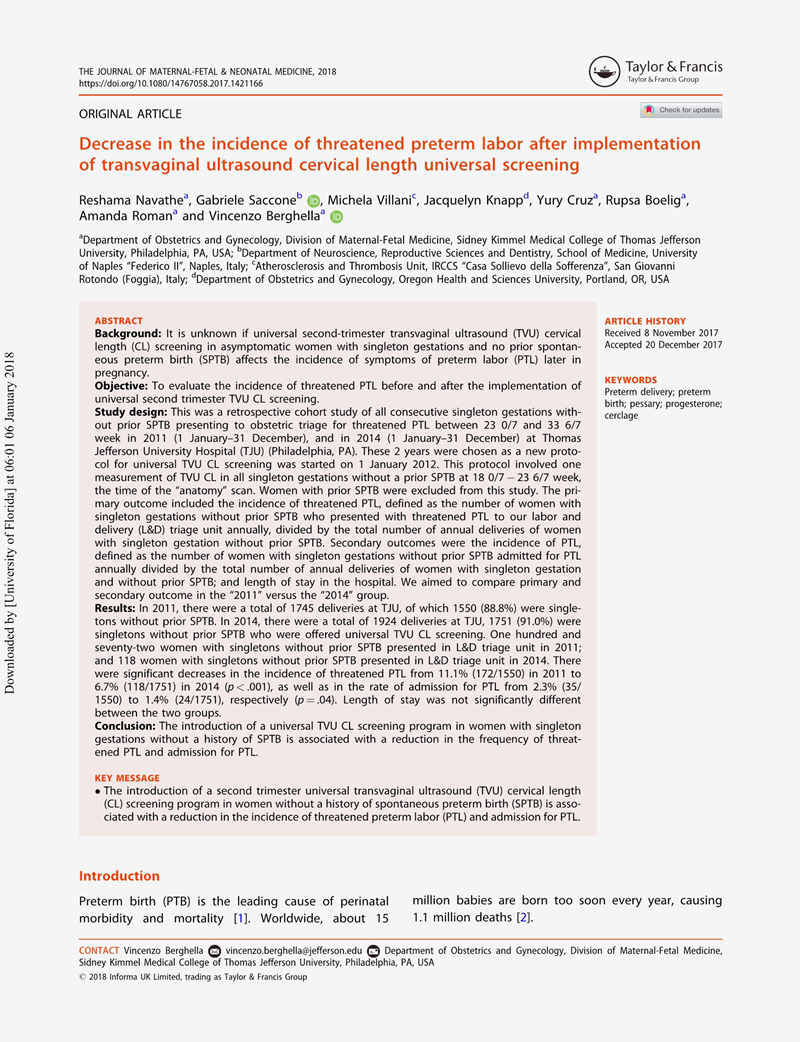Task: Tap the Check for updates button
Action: click(x=681, y=110)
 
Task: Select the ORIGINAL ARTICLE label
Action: click(x=130, y=114)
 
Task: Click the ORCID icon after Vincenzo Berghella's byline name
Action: click(x=337, y=217)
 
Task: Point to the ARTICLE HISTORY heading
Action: click(x=645, y=321)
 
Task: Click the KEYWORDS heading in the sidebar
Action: click(x=631, y=380)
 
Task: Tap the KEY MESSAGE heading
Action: click(x=126, y=777)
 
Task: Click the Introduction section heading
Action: click(x=119, y=876)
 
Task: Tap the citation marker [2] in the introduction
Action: click(x=523, y=918)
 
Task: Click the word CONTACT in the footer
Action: click(x=99, y=950)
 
